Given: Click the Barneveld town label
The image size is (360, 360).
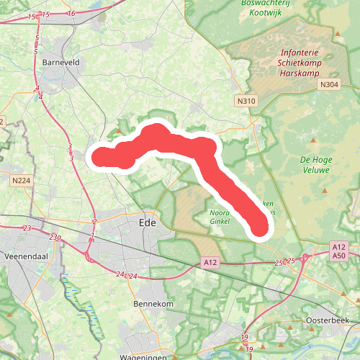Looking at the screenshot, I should click(60, 63).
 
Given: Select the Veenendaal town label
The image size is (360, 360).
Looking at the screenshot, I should click(25, 256).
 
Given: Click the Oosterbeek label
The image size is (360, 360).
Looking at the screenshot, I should click(328, 319).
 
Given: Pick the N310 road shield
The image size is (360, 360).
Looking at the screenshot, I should click(246, 102).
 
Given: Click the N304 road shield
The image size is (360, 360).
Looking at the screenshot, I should click(328, 85).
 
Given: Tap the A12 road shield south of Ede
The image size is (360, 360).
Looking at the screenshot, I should click(210, 264).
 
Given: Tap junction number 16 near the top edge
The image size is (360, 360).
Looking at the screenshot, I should click(71, 14).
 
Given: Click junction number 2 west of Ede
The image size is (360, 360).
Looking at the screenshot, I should click(94, 222).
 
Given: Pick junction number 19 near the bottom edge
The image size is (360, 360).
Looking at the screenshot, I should click(246, 337).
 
